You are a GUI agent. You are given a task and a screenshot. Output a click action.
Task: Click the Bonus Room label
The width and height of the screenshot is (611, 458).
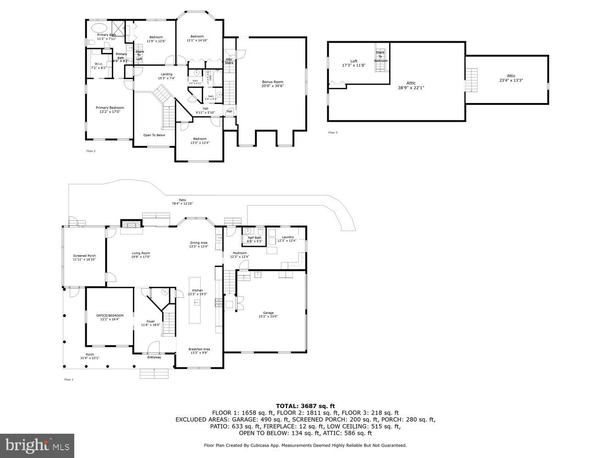(272, 84)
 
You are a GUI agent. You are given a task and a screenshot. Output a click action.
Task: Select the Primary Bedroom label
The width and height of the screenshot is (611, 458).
(110, 109)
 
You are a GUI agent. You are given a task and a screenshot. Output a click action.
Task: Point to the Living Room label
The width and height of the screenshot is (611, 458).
(141, 255)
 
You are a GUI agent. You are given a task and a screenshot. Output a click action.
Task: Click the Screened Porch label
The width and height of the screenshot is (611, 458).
(84, 257)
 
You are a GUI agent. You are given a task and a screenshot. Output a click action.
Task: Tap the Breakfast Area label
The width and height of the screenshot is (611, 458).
(199, 351)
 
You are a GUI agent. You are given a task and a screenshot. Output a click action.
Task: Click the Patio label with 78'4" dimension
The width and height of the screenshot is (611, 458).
(182, 202)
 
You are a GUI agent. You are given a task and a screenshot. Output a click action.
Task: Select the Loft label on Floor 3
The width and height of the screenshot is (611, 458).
(354, 63)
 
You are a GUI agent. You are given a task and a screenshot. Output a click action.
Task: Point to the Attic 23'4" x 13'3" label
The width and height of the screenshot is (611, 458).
(511, 78)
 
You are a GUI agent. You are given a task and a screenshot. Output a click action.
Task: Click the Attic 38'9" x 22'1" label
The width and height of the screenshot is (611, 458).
(411, 85)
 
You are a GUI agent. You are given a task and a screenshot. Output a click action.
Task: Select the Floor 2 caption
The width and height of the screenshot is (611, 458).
(91, 151)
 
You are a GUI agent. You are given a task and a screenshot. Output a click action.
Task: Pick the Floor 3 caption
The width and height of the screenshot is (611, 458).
(333, 133)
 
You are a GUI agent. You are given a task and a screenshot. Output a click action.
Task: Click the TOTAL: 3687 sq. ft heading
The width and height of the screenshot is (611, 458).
(305, 406)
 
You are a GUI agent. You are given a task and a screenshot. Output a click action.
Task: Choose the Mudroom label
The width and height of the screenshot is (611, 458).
(240, 255)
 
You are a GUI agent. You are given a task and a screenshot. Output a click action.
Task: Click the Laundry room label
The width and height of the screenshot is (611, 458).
(288, 239)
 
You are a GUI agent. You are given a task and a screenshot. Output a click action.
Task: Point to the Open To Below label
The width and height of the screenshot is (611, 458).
(154, 135)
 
